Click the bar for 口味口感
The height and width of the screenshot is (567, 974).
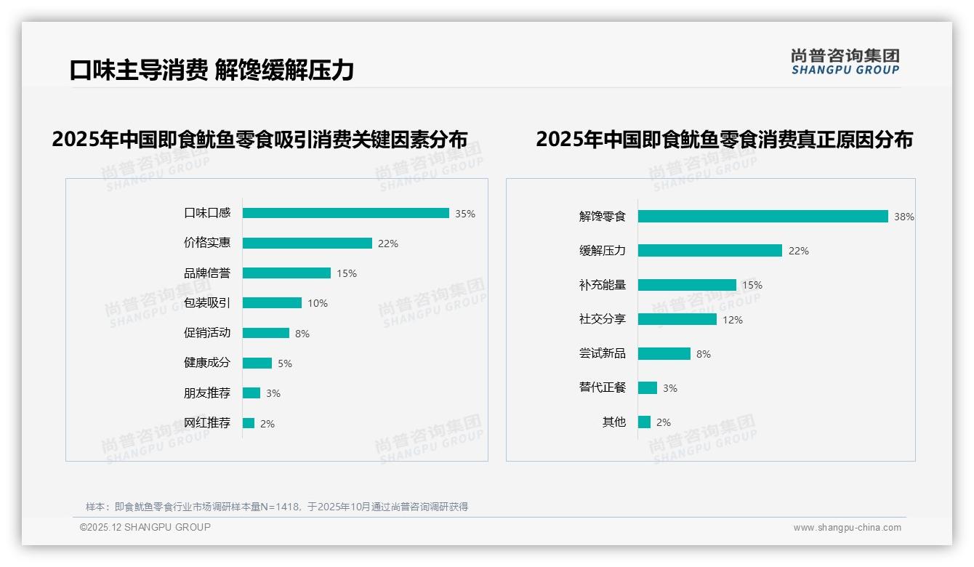coord(345,213)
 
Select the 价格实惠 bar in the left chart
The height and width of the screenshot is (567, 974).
coord(307,244)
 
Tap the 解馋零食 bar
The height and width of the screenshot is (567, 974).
coord(762,216)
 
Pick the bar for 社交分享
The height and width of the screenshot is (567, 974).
coord(677,319)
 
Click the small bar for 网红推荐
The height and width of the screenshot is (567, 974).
coord(249,423)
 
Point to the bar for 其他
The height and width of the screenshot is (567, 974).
coord(644,422)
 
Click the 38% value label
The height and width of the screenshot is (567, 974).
coord(904,217)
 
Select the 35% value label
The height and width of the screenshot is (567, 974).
coord(465,214)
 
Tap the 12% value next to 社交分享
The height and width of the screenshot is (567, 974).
coord(733,320)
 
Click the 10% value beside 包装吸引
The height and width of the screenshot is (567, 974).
coord(318,303)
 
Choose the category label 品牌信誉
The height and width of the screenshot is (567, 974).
coord(206,273)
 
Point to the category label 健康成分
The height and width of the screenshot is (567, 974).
coord(206,363)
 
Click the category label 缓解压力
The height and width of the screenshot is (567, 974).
coord(602,251)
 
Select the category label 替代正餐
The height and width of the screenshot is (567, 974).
coord(602,387)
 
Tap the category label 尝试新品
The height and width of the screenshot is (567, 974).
coord(602,353)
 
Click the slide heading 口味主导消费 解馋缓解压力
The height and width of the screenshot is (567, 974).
coord(212,70)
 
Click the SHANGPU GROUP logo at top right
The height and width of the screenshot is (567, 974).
coord(845,62)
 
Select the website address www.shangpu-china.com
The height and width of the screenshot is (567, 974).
coord(847,528)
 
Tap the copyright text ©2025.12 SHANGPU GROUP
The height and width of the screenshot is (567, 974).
coord(145,527)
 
